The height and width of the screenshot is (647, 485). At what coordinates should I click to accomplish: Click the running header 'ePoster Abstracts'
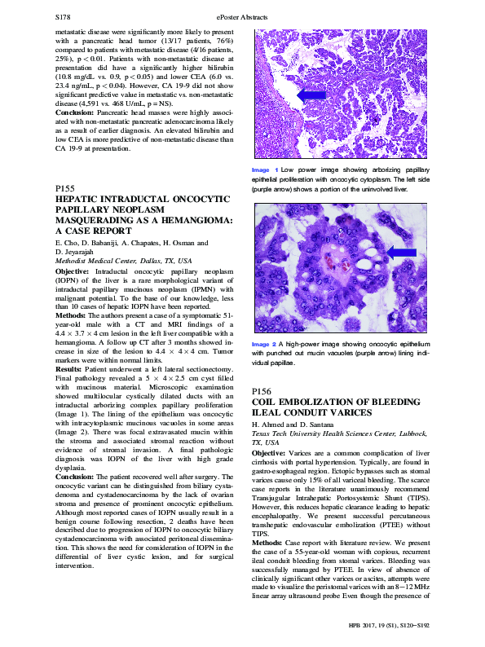(242, 15)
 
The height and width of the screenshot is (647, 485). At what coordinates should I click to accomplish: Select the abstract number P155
(65, 189)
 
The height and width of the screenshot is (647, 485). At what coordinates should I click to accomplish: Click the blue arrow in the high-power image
(399, 255)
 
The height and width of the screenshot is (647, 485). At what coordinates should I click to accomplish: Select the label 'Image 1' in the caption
(265, 169)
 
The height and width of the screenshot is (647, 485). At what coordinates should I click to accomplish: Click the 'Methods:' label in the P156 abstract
(270, 542)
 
